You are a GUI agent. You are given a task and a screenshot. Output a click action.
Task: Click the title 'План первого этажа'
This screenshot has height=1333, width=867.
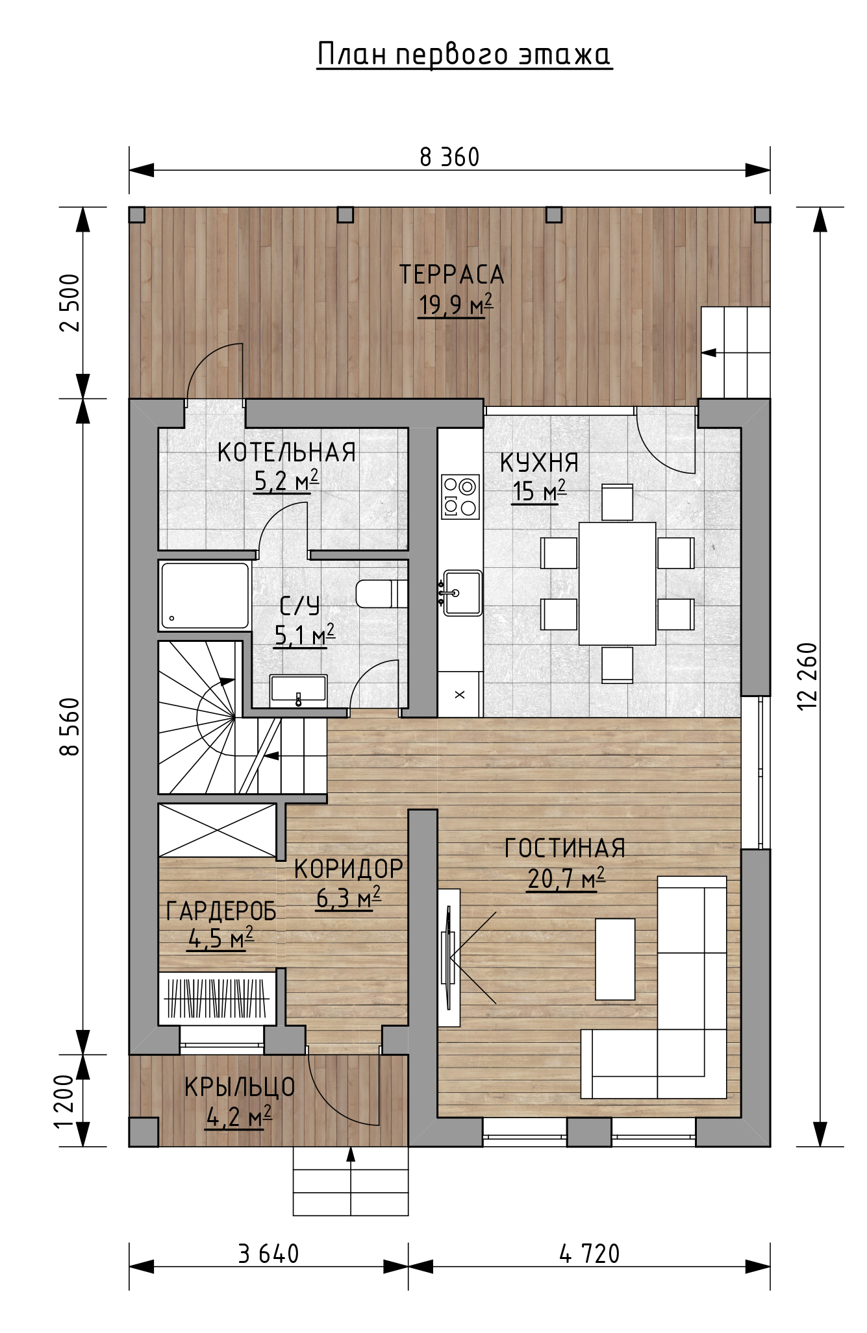tap(464, 55)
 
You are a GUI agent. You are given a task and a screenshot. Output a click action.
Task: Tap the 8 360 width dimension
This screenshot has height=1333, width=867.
tap(449, 157)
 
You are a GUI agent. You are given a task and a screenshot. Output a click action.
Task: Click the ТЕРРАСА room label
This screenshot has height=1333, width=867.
tap(452, 275)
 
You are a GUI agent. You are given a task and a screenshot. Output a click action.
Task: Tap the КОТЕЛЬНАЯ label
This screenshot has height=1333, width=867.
tap(286, 452)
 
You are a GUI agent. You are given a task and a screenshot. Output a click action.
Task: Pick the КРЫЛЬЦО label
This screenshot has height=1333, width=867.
tap(240, 1087)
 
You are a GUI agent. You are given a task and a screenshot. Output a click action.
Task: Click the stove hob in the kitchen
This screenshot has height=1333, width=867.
tap(460, 496)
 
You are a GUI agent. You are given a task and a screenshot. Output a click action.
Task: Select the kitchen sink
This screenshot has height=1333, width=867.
tap(462, 593)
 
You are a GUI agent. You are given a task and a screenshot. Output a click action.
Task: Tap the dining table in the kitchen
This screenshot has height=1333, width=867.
tap(617, 583)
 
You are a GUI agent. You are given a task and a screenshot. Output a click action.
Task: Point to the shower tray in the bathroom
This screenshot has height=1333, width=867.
tap(205, 596)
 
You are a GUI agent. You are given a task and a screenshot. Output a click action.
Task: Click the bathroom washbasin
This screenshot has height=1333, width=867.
tap(299, 689)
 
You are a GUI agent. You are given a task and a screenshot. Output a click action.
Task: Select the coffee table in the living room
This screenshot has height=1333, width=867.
tap(615, 959)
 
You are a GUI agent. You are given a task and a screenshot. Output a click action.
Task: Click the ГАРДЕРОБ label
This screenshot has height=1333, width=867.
tap(221, 911)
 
